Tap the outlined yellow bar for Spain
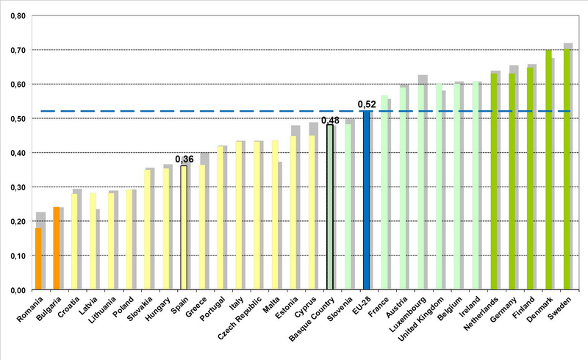(x=184, y=228)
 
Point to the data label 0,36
(x=184, y=159)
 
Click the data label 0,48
(x=330, y=119)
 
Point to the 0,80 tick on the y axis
(x=15, y=15)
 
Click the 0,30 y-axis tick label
(x=15, y=187)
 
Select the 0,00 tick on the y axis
(x=15, y=290)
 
